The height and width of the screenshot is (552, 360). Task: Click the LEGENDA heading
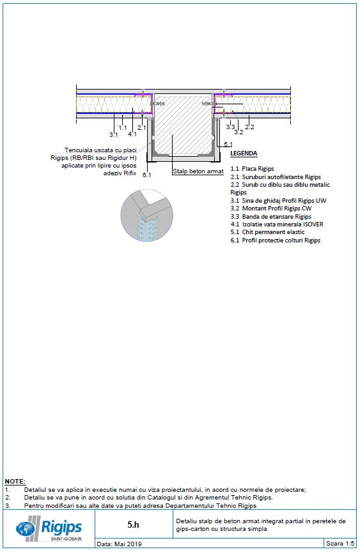pyautogui.click(x=244, y=154)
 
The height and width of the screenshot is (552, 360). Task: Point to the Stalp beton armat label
pyautogui.click(x=198, y=171)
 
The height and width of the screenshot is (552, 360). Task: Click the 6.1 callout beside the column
pyautogui.click(x=146, y=175)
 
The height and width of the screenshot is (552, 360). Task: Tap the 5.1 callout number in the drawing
pyautogui.click(x=228, y=145)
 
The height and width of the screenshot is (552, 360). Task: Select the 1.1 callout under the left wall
pyautogui.click(x=123, y=128)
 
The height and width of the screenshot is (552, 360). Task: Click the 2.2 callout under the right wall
pyautogui.click(x=249, y=128)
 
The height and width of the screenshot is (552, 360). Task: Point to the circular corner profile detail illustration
pyautogui.click(x=146, y=215)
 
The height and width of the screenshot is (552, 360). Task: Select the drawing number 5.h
pyautogui.click(x=133, y=524)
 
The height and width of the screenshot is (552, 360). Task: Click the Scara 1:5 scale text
pyautogui.click(x=339, y=544)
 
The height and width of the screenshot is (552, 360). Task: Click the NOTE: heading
pyautogui.click(x=15, y=481)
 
